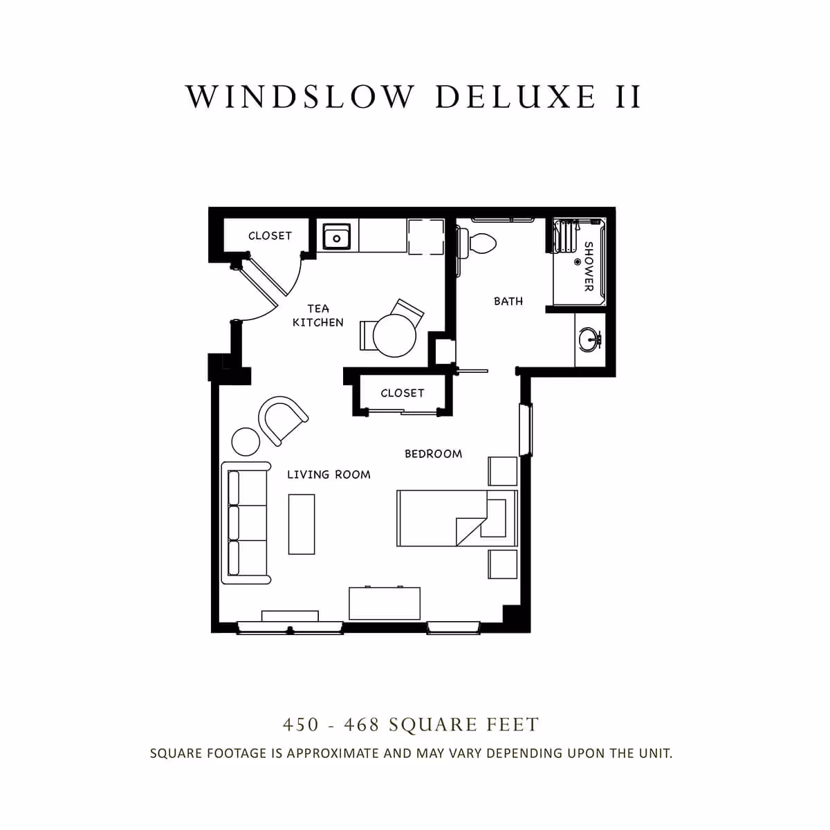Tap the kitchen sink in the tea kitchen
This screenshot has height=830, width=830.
pyautogui.click(x=337, y=237)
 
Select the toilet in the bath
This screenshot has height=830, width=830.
pyautogui.click(x=481, y=243)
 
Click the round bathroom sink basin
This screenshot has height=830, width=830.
pyautogui.click(x=589, y=339)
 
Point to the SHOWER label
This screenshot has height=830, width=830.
pyautogui.click(x=589, y=266)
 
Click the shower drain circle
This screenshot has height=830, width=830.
pyautogui.click(x=578, y=262)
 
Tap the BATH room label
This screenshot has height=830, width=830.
pyautogui.click(x=508, y=301)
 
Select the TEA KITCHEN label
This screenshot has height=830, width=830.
pyautogui.click(x=317, y=315)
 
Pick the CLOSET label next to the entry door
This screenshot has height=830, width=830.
pyautogui.click(x=270, y=236)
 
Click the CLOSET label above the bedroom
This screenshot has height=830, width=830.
pyautogui.click(x=402, y=393)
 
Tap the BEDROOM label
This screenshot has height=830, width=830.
pyautogui.click(x=433, y=454)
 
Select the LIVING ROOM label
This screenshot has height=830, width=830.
pyautogui.click(x=329, y=474)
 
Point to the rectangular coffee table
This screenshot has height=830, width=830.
pyautogui.click(x=302, y=524)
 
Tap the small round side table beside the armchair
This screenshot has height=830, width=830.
pyautogui.click(x=245, y=441)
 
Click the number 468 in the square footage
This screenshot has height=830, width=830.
pyautogui.click(x=362, y=725)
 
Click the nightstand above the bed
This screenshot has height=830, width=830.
pyautogui.click(x=503, y=471)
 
